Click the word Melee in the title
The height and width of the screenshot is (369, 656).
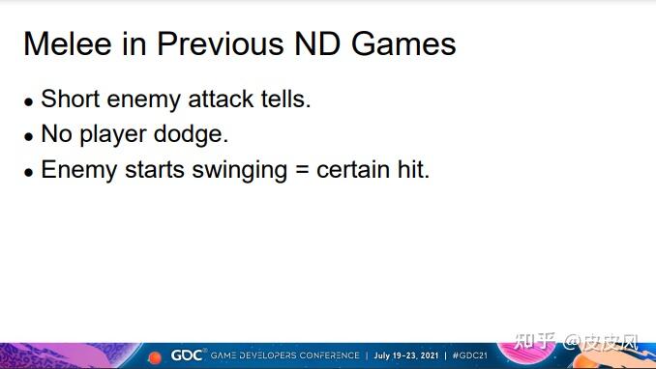click(x=68, y=43)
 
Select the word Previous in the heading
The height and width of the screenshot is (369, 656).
click(x=221, y=43)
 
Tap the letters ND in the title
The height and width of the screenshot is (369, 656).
click(x=317, y=43)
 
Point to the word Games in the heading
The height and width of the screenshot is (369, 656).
click(x=403, y=43)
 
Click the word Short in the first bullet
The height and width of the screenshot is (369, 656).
click(x=71, y=99)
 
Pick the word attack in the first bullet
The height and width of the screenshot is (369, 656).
click(x=221, y=99)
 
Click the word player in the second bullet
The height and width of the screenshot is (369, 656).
click(x=113, y=135)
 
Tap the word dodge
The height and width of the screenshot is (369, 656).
click(x=191, y=135)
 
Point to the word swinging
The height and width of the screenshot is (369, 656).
click(x=239, y=171)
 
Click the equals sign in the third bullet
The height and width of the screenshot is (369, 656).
click(x=302, y=171)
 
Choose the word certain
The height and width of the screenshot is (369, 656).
click(x=353, y=170)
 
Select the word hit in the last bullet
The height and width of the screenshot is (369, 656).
click(x=413, y=170)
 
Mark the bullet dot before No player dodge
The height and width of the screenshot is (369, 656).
click(x=28, y=136)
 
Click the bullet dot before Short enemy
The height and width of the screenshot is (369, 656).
click(x=28, y=101)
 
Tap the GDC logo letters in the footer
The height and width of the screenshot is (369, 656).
click(x=187, y=355)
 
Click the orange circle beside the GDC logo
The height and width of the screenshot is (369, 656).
click(x=155, y=357)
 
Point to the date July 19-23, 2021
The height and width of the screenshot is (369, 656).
click(x=406, y=355)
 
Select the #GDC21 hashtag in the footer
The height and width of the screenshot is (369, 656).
click(x=470, y=355)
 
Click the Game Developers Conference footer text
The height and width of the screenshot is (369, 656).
click(x=284, y=355)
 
